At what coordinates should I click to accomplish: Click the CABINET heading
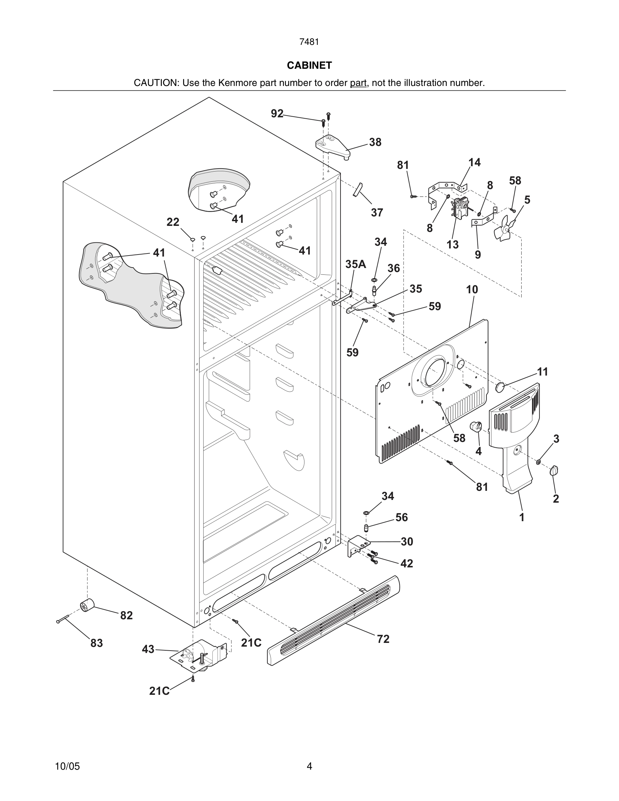[309, 65]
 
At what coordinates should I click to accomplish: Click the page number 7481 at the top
[309, 42]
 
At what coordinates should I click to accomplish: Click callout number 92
[277, 114]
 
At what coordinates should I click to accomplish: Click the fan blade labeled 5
[504, 230]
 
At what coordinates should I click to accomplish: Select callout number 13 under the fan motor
[452, 244]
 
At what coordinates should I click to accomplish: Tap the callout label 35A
[355, 264]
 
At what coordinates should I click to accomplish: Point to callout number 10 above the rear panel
[472, 289]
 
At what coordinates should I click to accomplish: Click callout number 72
[383, 639]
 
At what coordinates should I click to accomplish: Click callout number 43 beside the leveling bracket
[148, 649]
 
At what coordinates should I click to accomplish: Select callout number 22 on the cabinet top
[173, 222]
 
